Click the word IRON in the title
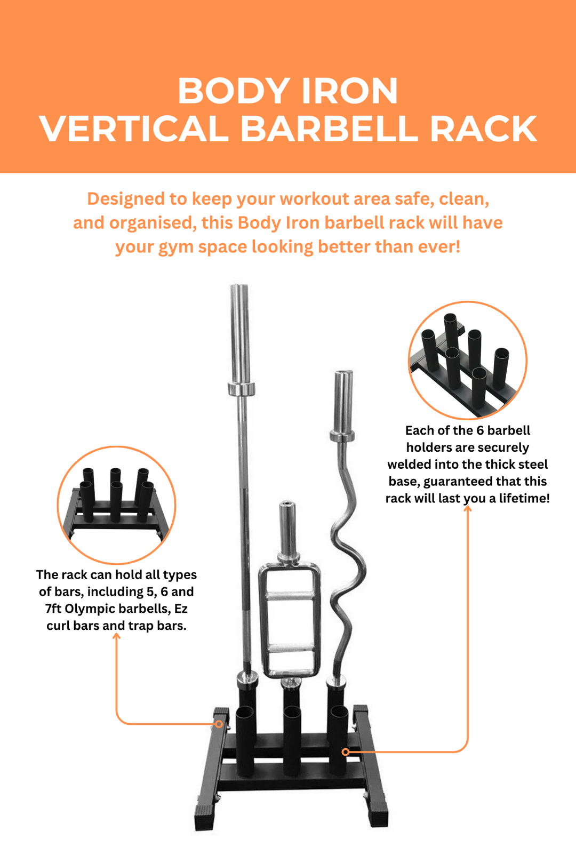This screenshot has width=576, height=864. click(x=349, y=91)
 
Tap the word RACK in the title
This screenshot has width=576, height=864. click(x=483, y=129)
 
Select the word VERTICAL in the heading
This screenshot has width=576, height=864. click(x=133, y=129)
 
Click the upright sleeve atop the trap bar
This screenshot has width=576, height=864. click(x=287, y=528)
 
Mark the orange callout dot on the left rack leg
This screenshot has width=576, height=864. click(x=219, y=724)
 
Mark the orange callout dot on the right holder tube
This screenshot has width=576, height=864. click(x=346, y=752)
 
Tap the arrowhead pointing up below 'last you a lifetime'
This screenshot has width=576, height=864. click(x=468, y=508)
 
